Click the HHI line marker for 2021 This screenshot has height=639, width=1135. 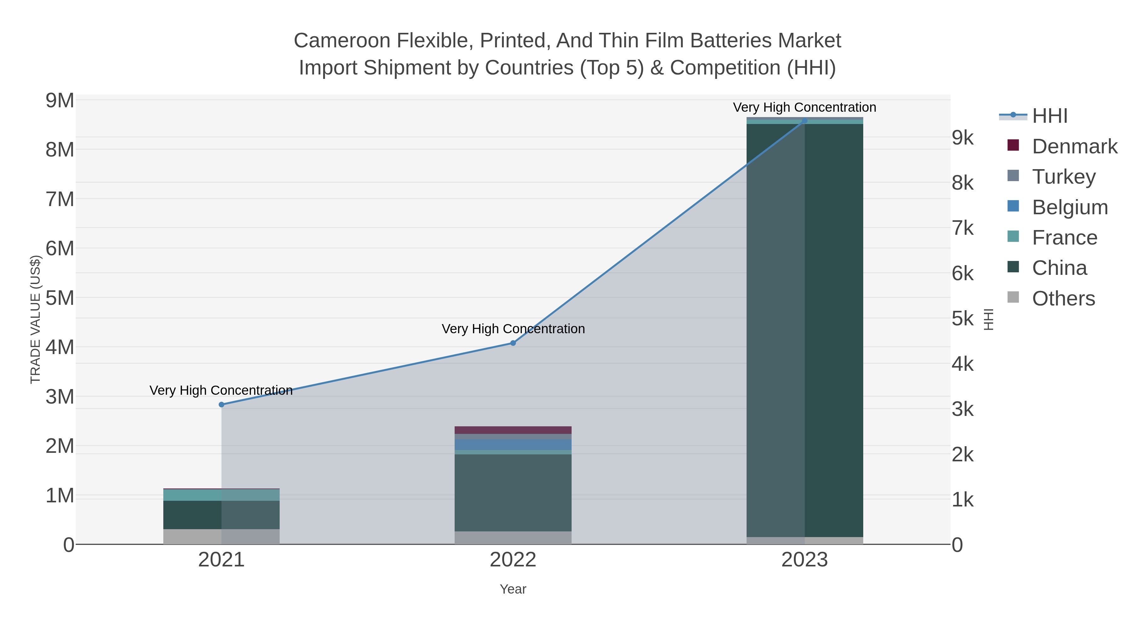click(222, 405)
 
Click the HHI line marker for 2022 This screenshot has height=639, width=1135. click(513, 343)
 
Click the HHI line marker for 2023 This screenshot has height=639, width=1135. click(805, 121)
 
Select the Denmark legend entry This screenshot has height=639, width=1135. click(1074, 146)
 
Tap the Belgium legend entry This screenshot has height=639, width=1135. click(1069, 207)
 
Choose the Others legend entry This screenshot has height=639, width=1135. click(1063, 299)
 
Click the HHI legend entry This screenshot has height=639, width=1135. click(1050, 116)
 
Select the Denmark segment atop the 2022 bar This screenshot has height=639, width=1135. click(513, 430)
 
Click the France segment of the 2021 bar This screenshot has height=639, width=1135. click(222, 495)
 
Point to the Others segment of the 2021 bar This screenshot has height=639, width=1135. click(222, 537)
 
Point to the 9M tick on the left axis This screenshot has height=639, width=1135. click(60, 101)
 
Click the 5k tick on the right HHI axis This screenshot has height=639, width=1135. click(962, 319)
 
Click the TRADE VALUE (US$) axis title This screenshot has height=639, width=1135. click(35, 319)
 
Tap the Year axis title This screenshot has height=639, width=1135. click(513, 589)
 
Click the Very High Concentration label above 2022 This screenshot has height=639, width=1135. click(513, 329)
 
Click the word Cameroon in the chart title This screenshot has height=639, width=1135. click(341, 41)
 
